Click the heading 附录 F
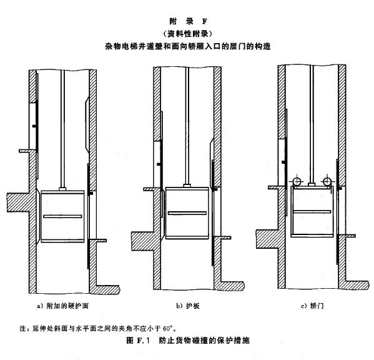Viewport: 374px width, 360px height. pyautogui.click(x=188, y=21)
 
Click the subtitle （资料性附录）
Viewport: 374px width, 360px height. pyautogui.click(x=188, y=34)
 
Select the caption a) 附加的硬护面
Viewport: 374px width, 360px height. pyautogui.click(x=62, y=306)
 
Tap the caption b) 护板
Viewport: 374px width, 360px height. pyautogui.click(x=188, y=306)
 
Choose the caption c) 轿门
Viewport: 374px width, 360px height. pyautogui.click(x=312, y=306)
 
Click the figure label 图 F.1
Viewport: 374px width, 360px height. pyautogui.click(x=138, y=340)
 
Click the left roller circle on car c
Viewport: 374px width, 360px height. pyautogui.click(x=297, y=181)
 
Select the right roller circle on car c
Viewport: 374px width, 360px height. pyautogui.click(x=327, y=181)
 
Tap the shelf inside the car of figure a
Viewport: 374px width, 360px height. pyautogui.click(x=62, y=216)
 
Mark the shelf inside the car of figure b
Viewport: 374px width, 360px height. pyautogui.click(x=187, y=213)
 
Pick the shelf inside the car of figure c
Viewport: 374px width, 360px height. pyautogui.click(x=312, y=211)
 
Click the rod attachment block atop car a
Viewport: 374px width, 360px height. pyautogui.click(x=62, y=189)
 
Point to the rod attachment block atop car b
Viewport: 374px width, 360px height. pyautogui.click(x=187, y=186)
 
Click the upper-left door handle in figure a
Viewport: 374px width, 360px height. pyautogui.click(x=34, y=126)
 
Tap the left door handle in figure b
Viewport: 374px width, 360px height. pyautogui.click(x=159, y=164)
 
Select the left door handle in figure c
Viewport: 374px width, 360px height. pyautogui.click(x=284, y=162)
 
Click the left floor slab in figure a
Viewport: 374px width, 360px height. pyautogui.click(x=19, y=202)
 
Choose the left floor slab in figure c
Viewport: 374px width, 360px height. pyautogui.click(x=268, y=239)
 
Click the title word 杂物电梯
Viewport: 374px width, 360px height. pyautogui.click(x=122, y=46)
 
